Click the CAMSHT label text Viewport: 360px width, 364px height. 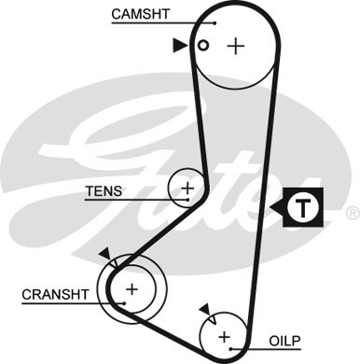pos(140,14)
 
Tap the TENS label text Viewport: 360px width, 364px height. pos(103,192)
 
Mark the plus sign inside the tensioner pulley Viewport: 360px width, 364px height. pos(187,189)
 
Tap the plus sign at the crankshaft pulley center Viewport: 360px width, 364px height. pos(132,289)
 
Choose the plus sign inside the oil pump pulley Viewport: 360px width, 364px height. pos(224,336)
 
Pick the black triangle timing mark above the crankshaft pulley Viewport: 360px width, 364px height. pos(104,253)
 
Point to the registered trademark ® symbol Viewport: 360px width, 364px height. pos(352,215)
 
